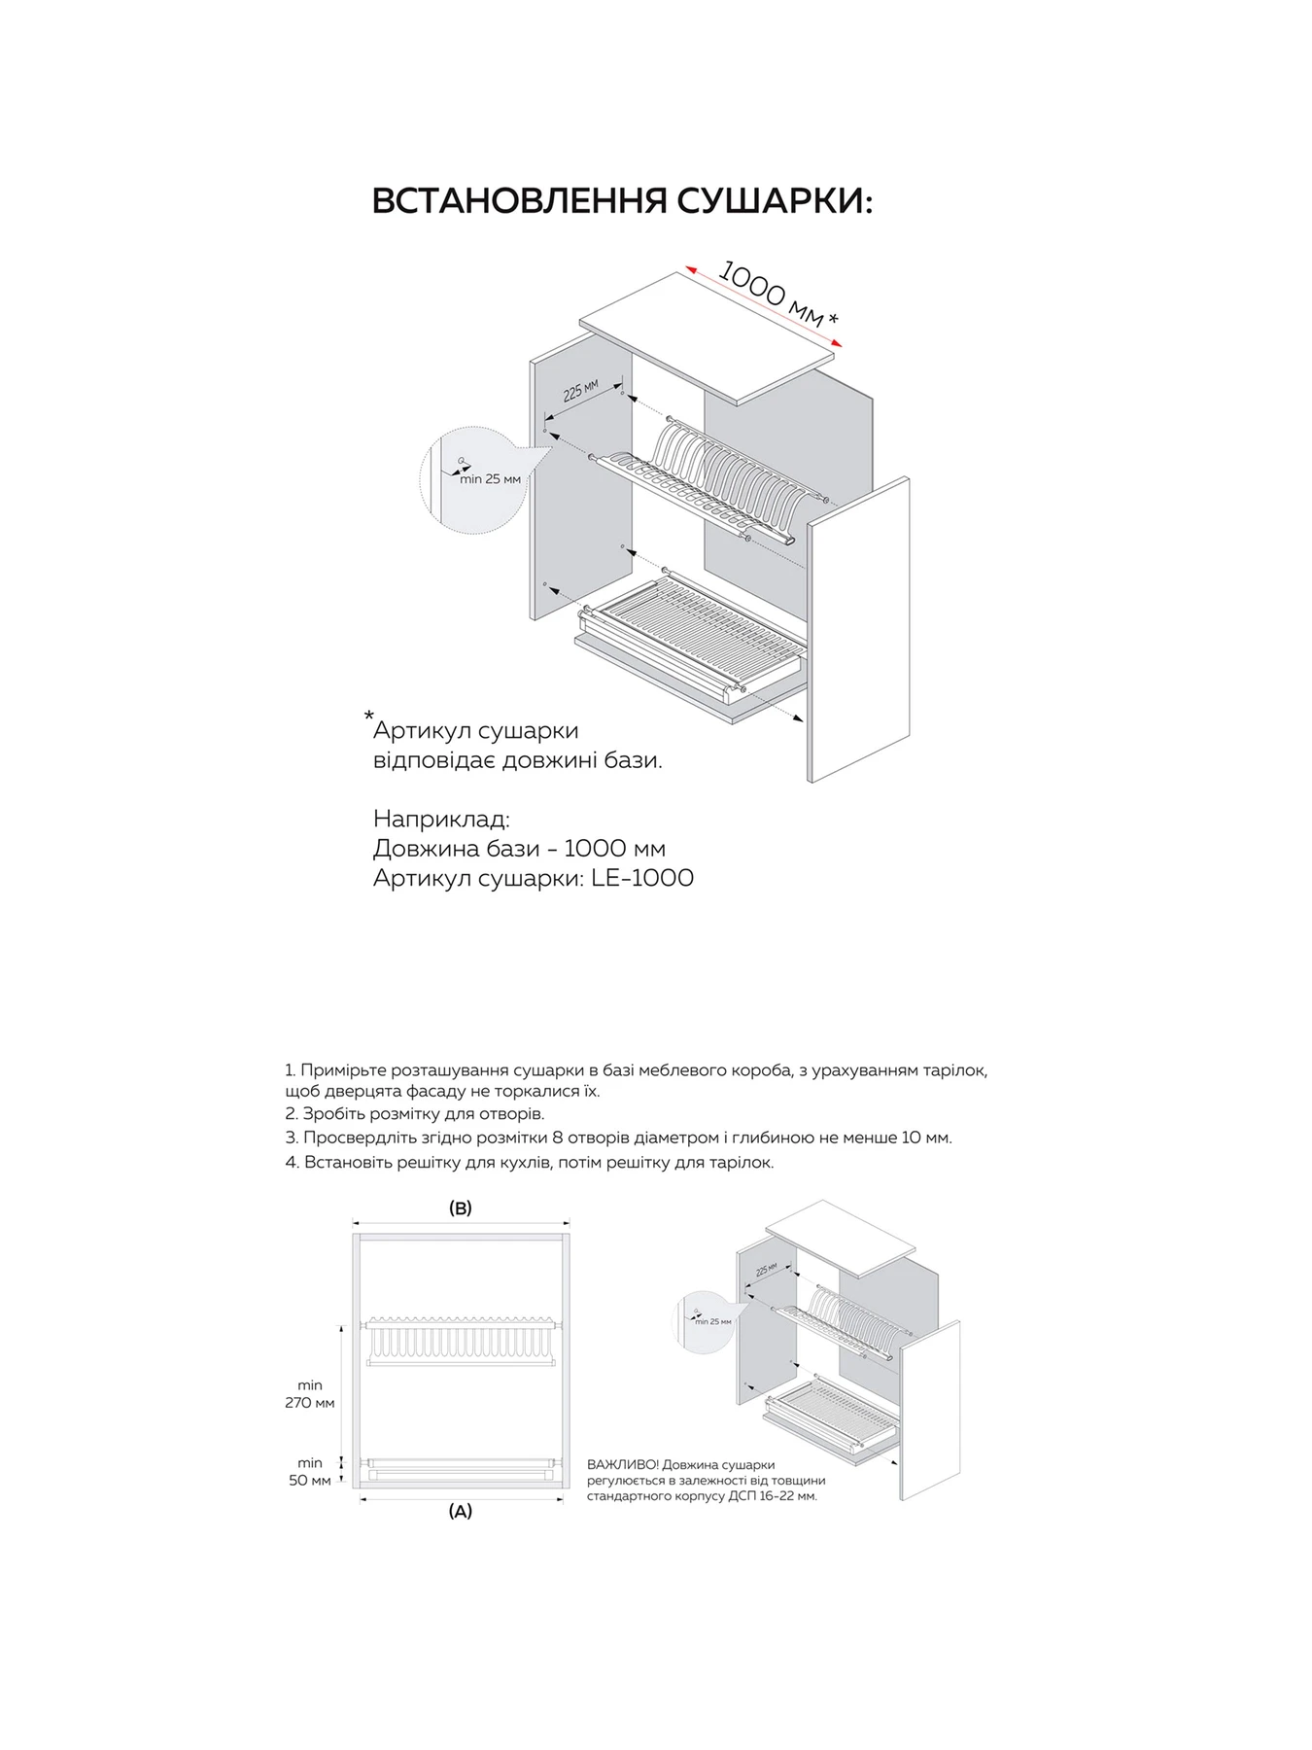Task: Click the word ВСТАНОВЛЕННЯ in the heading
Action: point(519,201)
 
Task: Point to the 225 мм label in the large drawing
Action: point(580,390)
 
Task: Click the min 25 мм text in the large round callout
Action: point(490,479)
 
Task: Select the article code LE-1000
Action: point(642,878)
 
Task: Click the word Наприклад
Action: point(441,820)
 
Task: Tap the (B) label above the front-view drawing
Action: point(460,1208)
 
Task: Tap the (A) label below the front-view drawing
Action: point(460,1512)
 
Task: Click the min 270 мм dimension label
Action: point(310,1394)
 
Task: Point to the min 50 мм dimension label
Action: point(310,1471)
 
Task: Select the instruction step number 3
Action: point(291,1137)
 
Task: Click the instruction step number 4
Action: point(291,1163)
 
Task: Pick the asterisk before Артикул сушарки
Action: point(368,717)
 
